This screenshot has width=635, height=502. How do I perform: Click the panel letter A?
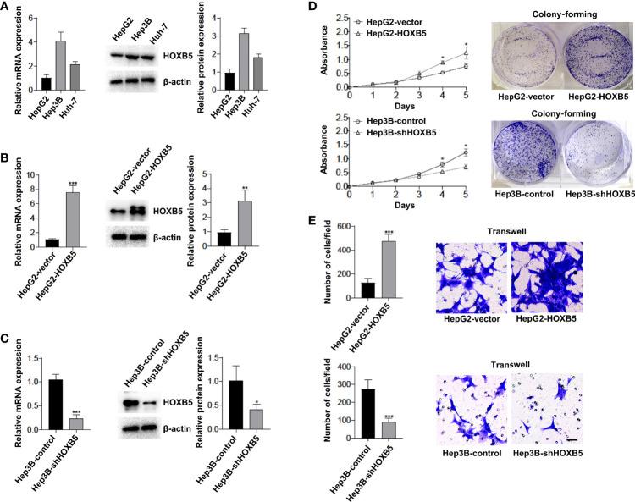click(x=7, y=8)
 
